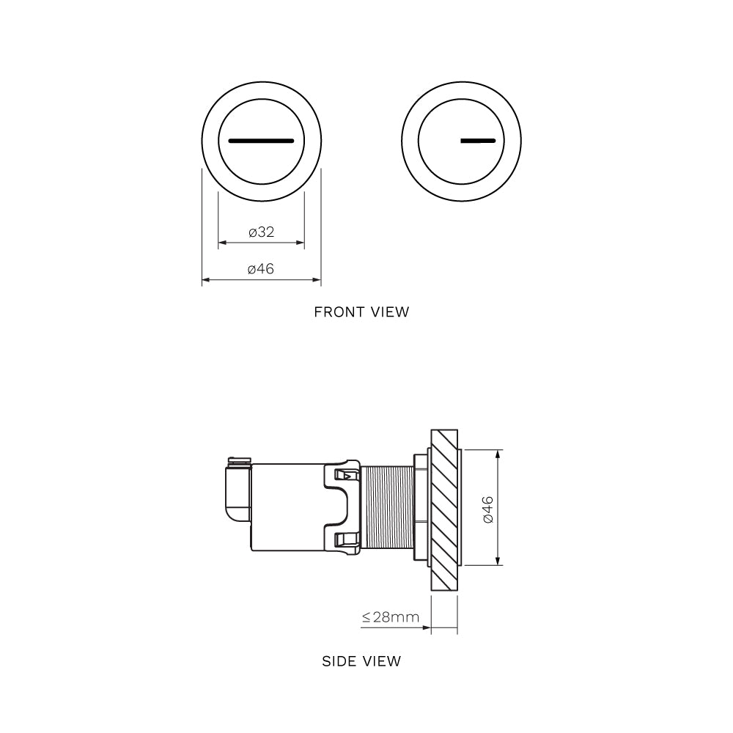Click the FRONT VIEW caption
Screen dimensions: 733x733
(x=361, y=312)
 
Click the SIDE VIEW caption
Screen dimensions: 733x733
(x=361, y=661)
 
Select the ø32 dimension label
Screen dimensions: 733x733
(x=261, y=232)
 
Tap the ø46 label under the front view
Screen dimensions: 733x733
(x=261, y=269)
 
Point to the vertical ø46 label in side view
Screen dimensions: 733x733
(x=488, y=508)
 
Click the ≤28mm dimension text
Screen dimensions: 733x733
(x=391, y=617)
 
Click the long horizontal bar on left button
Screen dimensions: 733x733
(x=261, y=139)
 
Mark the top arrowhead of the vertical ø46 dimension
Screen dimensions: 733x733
(x=498, y=454)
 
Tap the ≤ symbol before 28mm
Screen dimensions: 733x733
(x=366, y=617)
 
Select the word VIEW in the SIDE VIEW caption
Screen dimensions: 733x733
(x=382, y=661)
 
